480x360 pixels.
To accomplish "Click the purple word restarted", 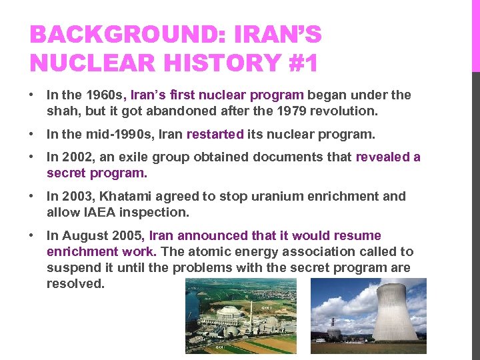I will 215,134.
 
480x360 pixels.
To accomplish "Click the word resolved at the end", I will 75,283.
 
